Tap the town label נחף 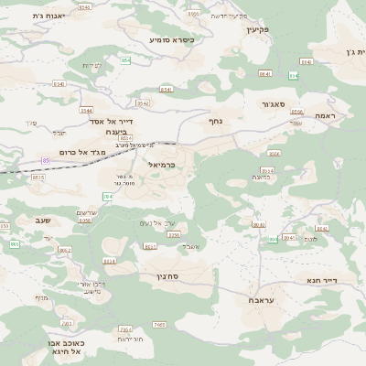click(x=216, y=121)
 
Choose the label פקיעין click(x=259, y=30)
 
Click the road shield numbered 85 click(x=46, y=161)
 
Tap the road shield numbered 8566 click(x=296, y=112)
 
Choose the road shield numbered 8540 click(x=59, y=84)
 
